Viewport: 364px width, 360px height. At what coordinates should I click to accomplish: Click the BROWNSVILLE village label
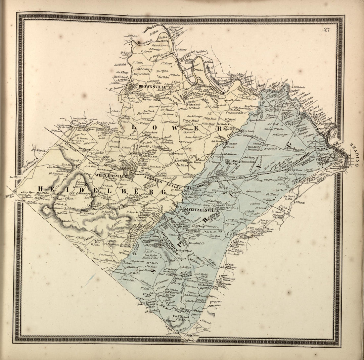click(152, 87)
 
